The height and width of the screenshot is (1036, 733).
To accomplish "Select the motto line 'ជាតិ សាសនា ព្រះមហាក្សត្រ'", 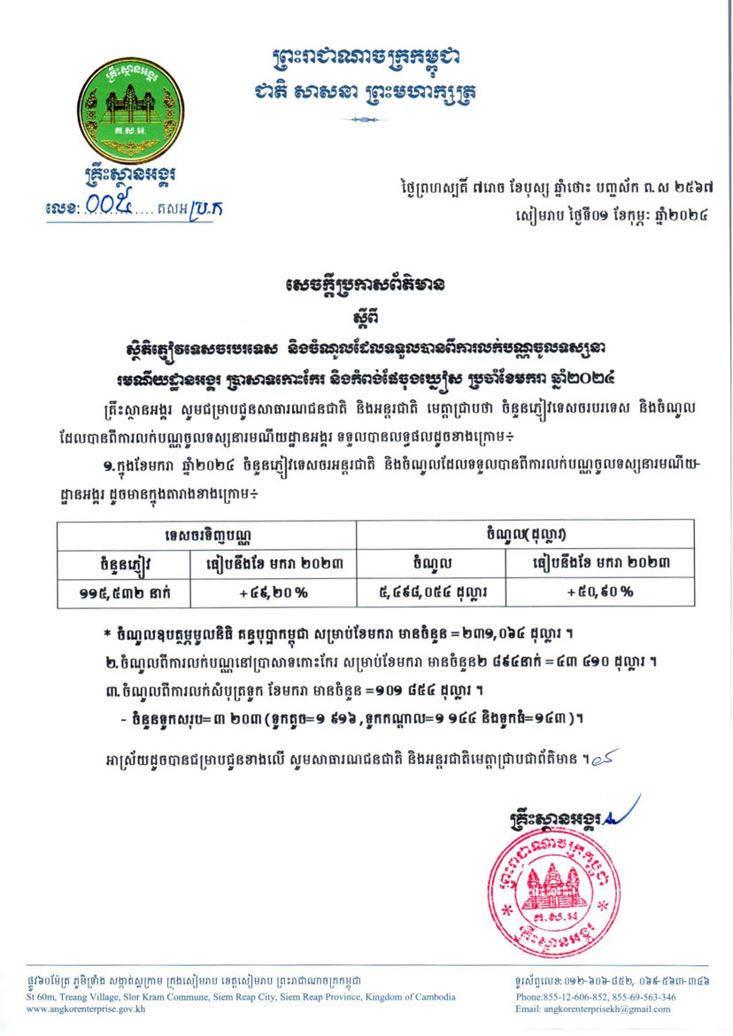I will (x=366, y=91).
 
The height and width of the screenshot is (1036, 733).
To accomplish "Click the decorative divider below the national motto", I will (x=366, y=118).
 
